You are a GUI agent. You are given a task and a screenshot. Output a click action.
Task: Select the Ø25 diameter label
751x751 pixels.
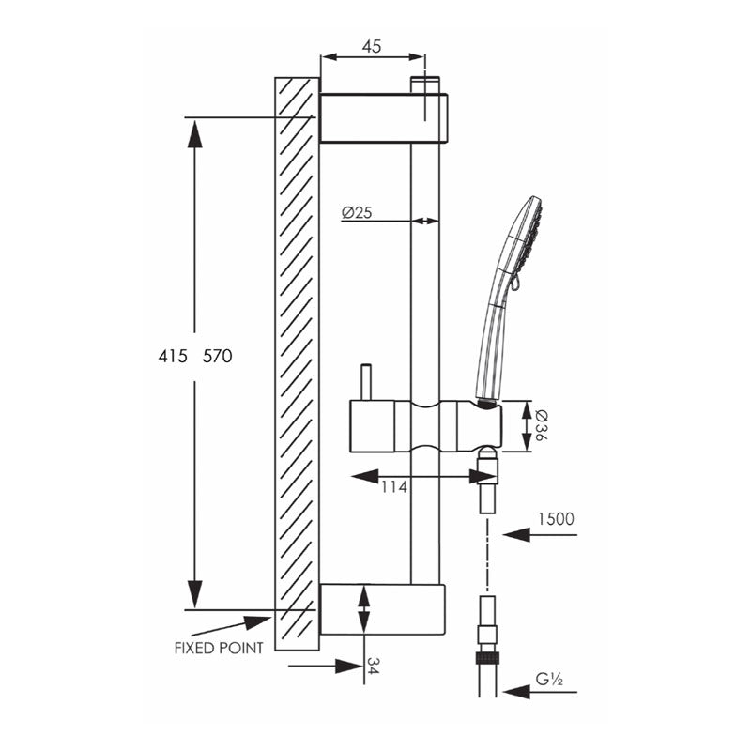(x=357, y=213)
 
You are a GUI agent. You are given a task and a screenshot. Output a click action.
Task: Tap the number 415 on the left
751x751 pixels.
(x=174, y=357)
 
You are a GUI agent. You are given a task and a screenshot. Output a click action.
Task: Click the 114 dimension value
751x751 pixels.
(x=396, y=486)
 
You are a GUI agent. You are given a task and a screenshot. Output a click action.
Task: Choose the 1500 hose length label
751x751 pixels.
(x=557, y=518)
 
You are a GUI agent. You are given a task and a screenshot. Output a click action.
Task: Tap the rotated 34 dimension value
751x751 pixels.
(x=375, y=668)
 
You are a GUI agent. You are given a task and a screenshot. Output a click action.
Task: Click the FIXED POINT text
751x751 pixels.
(x=218, y=647)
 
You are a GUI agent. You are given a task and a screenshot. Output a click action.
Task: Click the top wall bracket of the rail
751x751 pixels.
(x=383, y=117)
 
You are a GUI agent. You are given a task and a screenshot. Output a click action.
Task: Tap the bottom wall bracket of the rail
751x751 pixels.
(x=383, y=608)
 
